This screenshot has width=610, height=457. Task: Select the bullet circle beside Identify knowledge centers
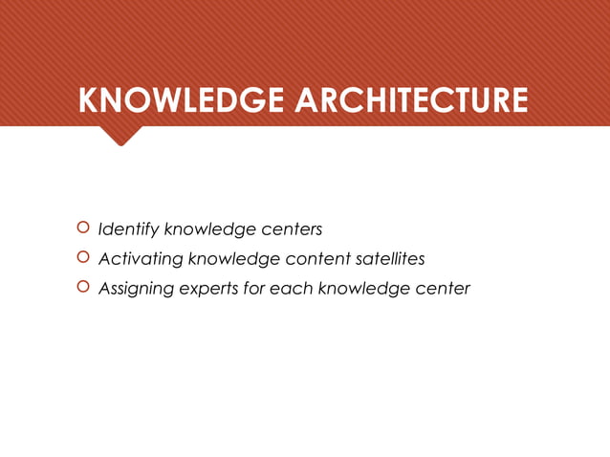pyautogui.click(x=82, y=228)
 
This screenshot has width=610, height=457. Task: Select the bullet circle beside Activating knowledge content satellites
pyautogui.click(x=82, y=258)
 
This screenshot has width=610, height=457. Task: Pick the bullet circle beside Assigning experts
pyautogui.click(x=82, y=288)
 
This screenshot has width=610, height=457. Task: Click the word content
pyautogui.click(x=315, y=259)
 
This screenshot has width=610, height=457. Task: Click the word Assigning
pyautogui.click(x=136, y=289)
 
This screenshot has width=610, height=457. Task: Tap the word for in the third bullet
pyautogui.click(x=254, y=289)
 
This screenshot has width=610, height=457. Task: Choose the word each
pyautogui.click(x=291, y=289)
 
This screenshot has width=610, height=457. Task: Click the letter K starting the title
pyautogui.click(x=89, y=101)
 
